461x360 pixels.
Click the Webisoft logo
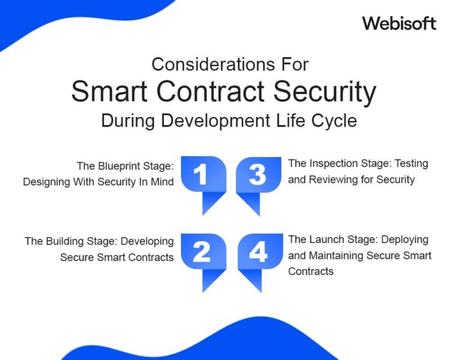(399, 23)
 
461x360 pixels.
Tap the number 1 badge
(202, 175)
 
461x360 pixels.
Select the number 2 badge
(202, 253)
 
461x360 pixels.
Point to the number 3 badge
(258, 175)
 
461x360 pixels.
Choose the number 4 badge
(258, 253)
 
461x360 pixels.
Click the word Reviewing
(333, 179)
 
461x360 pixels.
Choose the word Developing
(148, 241)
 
